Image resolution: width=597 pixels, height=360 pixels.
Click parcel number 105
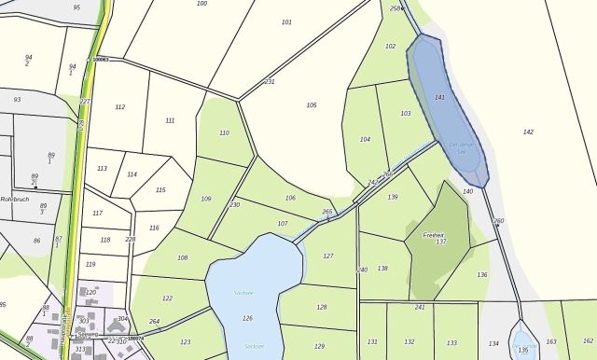click(x=312, y=105)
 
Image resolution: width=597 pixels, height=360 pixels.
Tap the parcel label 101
click(x=286, y=22)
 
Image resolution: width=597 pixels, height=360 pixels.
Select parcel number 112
click(x=120, y=107)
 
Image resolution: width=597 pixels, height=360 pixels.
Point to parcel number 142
click(x=528, y=132)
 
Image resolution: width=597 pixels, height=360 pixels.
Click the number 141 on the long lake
click(x=440, y=98)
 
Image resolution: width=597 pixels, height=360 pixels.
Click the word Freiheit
click(x=434, y=235)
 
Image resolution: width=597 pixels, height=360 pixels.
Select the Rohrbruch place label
click(x=16, y=198)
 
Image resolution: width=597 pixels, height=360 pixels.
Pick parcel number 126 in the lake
click(x=247, y=319)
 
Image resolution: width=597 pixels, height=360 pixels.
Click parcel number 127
click(x=327, y=256)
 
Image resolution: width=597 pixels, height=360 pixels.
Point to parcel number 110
click(x=224, y=133)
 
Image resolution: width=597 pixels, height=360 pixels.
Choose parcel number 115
click(x=160, y=190)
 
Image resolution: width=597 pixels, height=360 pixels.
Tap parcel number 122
click(x=168, y=298)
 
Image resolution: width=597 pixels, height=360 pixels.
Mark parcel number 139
click(x=393, y=198)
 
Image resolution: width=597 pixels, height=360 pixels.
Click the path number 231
click(x=270, y=82)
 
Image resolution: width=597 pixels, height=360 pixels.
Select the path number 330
click(x=234, y=205)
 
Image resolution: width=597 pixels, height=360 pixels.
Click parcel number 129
click(x=320, y=346)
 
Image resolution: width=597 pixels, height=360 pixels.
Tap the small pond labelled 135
click(x=523, y=351)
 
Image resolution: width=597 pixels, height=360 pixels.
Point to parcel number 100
click(x=202, y=4)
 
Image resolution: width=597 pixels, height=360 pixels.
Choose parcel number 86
click(x=37, y=241)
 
